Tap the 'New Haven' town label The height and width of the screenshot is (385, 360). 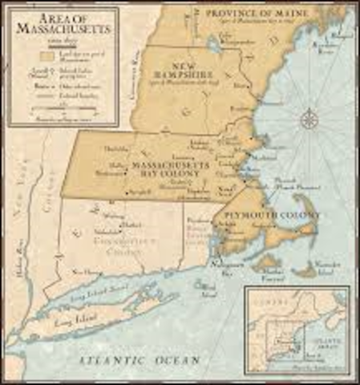[x=86, y=273]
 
